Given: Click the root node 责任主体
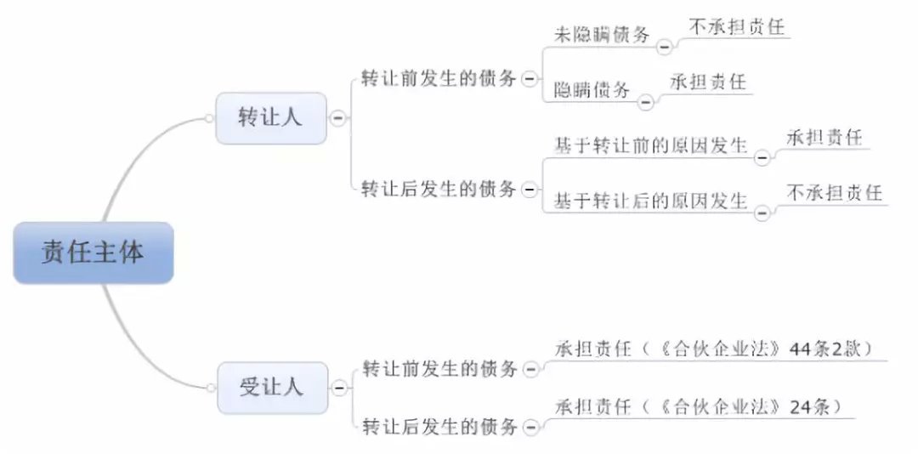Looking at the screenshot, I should click(93, 253).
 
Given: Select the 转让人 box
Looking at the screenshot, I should click(270, 117).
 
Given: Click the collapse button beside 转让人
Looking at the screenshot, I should click(338, 118).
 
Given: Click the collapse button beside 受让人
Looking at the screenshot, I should click(339, 389).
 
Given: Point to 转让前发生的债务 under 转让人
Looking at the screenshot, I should click(439, 78).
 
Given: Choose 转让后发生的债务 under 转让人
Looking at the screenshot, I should click(439, 188).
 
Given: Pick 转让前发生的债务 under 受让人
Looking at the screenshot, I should click(439, 369).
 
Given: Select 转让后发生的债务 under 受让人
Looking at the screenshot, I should click(439, 427).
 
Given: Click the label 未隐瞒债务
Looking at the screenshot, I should click(602, 35).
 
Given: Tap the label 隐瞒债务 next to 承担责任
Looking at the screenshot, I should click(592, 89).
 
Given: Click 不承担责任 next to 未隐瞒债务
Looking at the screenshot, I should click(735, 27).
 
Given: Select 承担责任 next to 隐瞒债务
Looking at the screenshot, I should click(707, 82).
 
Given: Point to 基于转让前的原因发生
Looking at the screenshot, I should click(650, 145).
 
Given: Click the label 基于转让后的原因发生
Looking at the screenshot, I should click(650, 201).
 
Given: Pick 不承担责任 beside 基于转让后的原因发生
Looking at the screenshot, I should click(834, 192).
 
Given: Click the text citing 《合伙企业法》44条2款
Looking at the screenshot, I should click(713, 349).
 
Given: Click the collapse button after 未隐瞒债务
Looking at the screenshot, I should click(664, 47).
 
